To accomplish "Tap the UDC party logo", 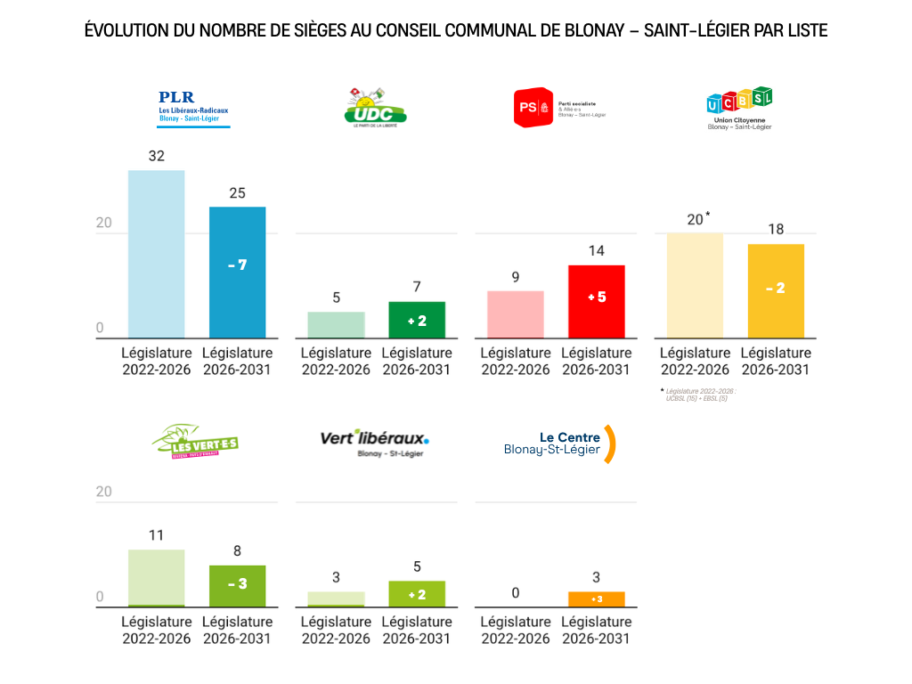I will coord(375,108).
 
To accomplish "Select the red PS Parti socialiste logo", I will coord(558,108).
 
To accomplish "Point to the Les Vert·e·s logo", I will coord(195,441).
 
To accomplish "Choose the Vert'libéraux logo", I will coord(374,442).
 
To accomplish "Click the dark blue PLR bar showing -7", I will coord(237,272).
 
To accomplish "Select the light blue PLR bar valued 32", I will coord(156,254).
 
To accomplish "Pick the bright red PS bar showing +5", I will coord(596,301).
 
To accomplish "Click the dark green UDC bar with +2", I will coord(416,320).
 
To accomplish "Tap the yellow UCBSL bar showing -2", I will coord(775,290).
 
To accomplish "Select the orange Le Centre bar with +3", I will coord(596,598).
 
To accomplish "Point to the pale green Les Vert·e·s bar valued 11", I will coord(156,578).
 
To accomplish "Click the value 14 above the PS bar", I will coord(596,251).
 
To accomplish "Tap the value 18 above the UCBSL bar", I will coord(776,230).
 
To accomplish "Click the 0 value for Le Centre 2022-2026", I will coord(516,593).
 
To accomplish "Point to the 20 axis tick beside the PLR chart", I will coord(104,223).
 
